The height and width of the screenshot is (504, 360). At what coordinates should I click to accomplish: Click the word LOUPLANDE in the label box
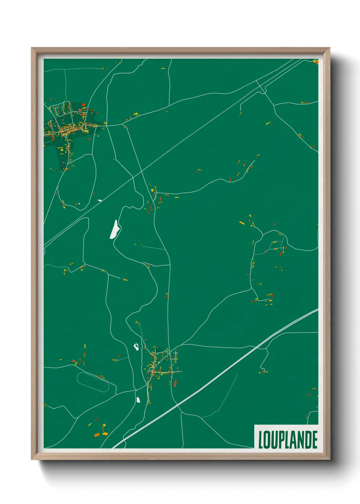(x=288, y=440)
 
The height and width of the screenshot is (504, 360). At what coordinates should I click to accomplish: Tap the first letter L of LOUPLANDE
(x=261, y=440)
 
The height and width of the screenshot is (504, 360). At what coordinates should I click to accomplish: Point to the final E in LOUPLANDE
(x=315, y=440)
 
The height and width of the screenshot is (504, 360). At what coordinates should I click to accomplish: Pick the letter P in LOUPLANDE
(x=281, y=440)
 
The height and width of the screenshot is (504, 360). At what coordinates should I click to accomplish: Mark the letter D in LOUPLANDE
(x=308, y=440)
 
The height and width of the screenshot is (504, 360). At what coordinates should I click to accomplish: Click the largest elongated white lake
(x=115, y=230)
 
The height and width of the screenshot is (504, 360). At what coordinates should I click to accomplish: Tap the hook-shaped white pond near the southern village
(x=136, y=347)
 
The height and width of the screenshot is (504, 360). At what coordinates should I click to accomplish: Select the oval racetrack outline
(x=93, y=382)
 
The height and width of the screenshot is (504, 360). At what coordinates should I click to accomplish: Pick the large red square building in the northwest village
(x=83, y=105)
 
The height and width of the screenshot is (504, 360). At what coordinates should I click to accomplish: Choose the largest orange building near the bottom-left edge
(x=97, y=435)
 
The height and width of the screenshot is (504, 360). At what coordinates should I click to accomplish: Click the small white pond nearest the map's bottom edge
(x=138, y=399)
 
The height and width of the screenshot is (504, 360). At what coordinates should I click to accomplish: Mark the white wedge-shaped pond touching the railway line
(x=99, y=201)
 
